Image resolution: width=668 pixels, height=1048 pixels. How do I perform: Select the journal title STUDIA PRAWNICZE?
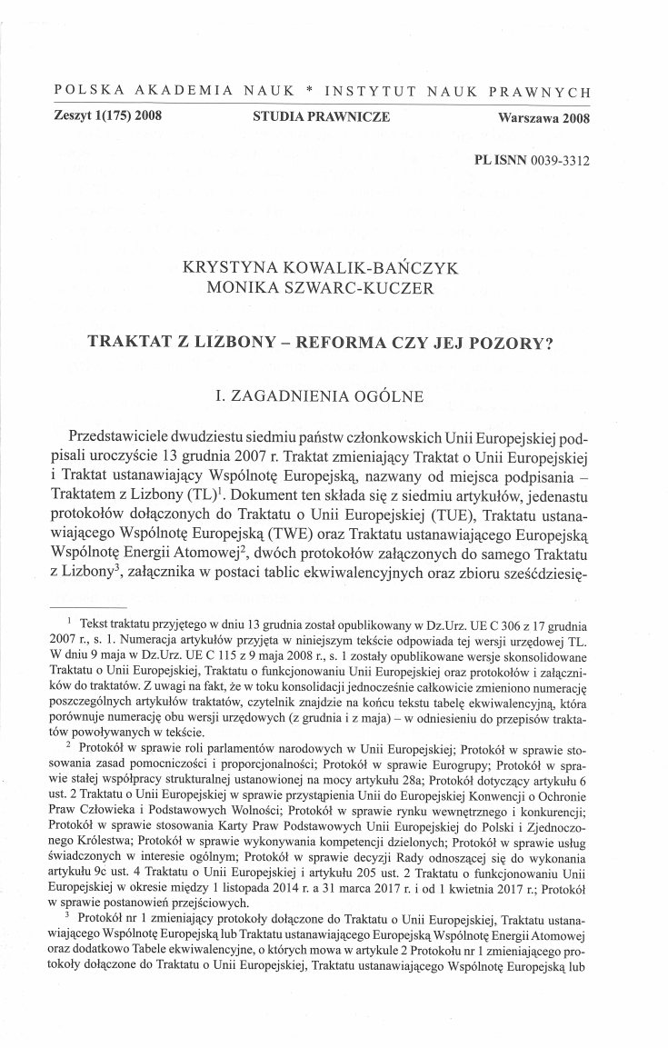coord(323,117)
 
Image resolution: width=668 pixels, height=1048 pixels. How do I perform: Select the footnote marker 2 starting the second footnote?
coord(71,721)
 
